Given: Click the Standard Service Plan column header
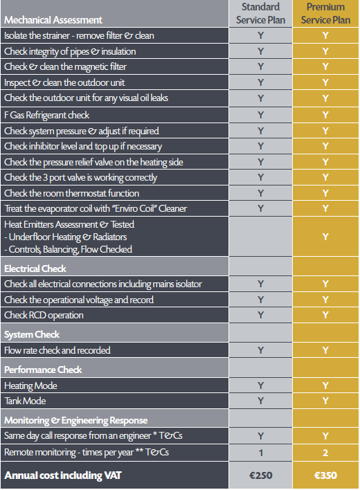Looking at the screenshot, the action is pos(260,13).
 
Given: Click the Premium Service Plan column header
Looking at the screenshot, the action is pos(325,13).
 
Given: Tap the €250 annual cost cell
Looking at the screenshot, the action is pos(260,475).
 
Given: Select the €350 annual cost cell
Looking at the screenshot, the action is pos(325,475).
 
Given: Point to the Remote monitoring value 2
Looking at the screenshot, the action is pos(325,453).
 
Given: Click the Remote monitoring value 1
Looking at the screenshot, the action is pos(260,453).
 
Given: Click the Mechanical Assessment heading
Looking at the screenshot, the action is pos(53,20).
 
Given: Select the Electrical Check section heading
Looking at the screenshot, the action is pos(35,269).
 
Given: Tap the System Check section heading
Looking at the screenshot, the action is pos(32,335).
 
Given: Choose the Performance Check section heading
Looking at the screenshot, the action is pos(43,370).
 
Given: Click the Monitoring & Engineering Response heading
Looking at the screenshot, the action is pos(75,421).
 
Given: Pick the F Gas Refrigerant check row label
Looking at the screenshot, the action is pos(46,116).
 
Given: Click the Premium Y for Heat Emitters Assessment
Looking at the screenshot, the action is pos(325,237).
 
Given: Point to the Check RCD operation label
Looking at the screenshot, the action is pos(44,316).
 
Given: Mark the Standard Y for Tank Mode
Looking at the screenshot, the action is pos(260,401).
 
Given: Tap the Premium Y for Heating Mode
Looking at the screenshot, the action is pos(325,385).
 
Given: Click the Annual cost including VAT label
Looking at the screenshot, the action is pos(63,475).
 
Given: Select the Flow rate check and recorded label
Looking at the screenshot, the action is pos(57,350).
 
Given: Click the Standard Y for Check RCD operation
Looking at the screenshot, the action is pos(260,315).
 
